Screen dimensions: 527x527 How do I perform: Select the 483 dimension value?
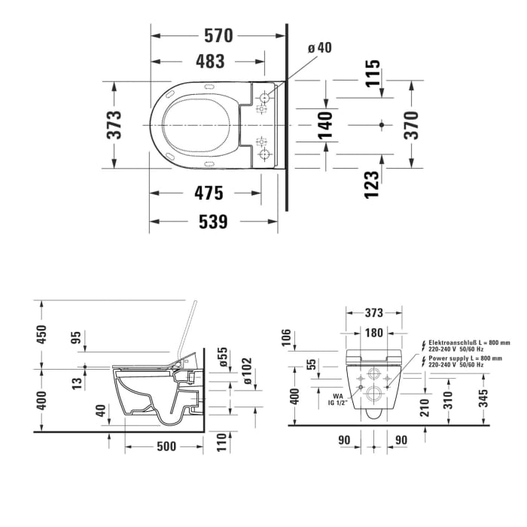click(208, 62)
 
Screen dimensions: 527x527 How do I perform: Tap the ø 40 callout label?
click(319, 48)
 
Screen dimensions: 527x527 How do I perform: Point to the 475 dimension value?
click(208, 193)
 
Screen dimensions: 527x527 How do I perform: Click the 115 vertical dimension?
click(371, 73)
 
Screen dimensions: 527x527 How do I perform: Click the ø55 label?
click(223, 355)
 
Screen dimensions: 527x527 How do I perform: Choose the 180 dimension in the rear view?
click(374, 333)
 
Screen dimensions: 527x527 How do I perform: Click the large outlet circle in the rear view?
click(374, 393)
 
